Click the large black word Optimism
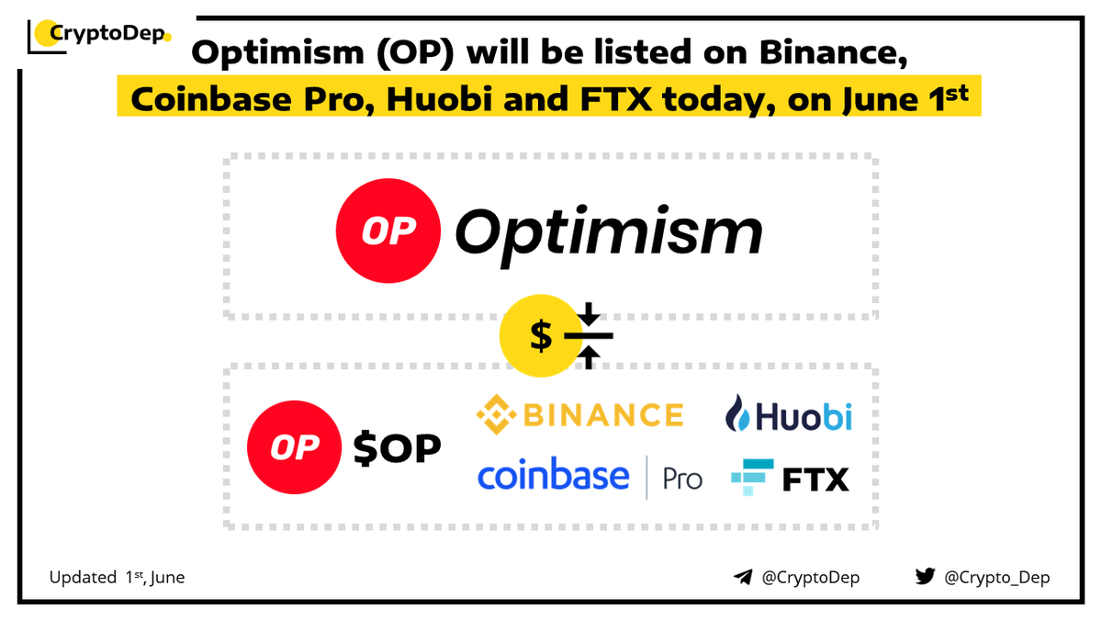609,232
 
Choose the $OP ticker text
398,448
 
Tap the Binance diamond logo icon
496,415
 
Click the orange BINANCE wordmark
603,415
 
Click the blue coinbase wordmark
553,476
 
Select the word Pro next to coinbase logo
682,479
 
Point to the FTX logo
790,478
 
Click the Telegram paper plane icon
743,577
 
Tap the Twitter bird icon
924,577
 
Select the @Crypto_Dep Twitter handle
996,578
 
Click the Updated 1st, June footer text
117,578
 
